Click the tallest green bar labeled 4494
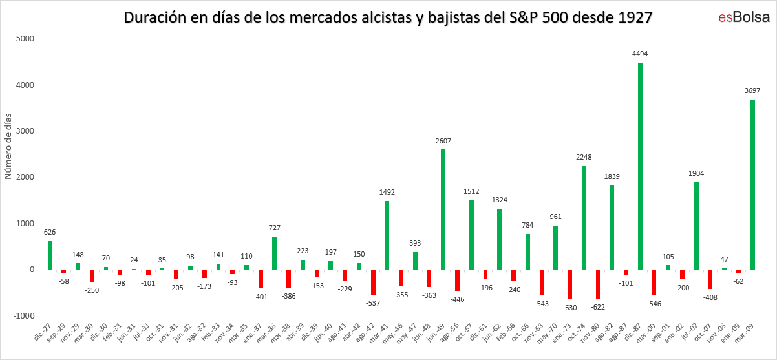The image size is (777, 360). pyautogui.click(x=640, y=166)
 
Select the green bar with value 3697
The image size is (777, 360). pyautogui.click(x=753, y=184)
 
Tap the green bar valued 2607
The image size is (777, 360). pyautogui.click(x=443, y=209)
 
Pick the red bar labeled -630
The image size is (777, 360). pyautogui.click(x=569, y=284)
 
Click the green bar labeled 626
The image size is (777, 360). pyautogui.click(x=50, y=255)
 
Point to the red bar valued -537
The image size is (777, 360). pyautogui.click(x=373, y=282)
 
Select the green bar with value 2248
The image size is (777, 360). pyautogui.click(x=584, y=218)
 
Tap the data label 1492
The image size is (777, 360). pyautogui.click(x=387, y=192)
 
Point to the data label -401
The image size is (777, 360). pyautogui.click(x=260, y=297)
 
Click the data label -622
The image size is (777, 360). pyautogui.click(x=598, y=307)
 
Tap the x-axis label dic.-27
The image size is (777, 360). pyautogui.click(x=43, y=332)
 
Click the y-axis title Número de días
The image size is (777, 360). pyautogui.click(x=8, y=144)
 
